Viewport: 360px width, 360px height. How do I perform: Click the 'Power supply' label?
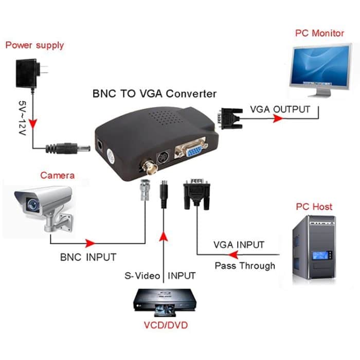click(34, 45)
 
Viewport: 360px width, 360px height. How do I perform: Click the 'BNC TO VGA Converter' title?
click(154, 94)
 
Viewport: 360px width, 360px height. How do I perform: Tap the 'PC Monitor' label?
click(319, 33)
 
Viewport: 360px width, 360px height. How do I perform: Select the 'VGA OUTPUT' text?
click(280, 109)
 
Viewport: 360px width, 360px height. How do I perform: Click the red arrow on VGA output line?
click(278, 118)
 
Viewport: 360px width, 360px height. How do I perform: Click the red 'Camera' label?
click(57, 175)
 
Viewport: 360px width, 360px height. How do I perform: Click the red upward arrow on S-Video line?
click(164, 237)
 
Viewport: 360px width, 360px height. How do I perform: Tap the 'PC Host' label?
click(314, 207)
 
